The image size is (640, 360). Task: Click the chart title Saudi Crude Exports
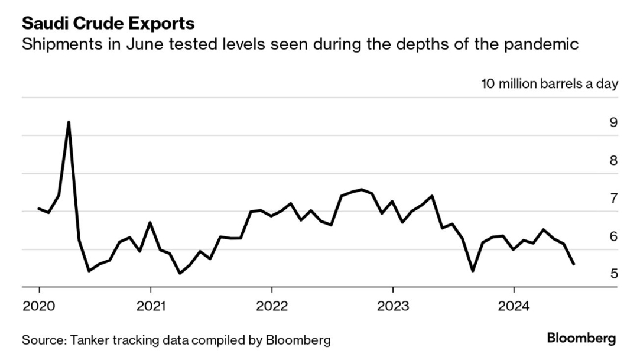[x=108, y=24]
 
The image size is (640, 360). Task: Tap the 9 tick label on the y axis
[x=613, y=123]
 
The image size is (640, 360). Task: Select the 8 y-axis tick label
[x=613, y=161]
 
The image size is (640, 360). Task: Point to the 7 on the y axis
[x=613, y=199]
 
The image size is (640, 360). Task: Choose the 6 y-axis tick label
[x=613, y=236]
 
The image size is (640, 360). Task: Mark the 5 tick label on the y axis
[x=613, y=274]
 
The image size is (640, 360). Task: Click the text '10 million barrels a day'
[x=550, y=83]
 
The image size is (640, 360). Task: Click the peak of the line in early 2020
[x=69, y=122]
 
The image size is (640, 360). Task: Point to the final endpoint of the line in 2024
[x=574, y=264]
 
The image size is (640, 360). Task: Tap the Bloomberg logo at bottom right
[x=581, y=339]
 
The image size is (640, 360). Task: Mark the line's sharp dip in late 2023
[x=473, y=271]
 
